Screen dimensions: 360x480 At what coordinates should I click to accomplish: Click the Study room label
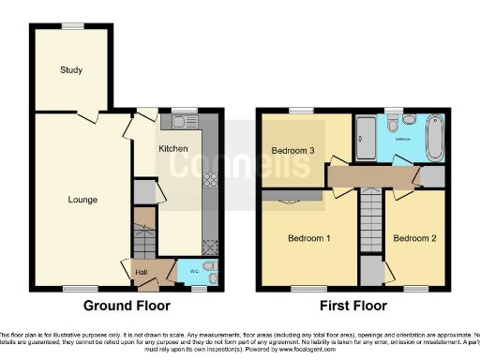[x=71, y=70]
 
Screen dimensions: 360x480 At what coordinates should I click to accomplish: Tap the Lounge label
[x=82, y=200]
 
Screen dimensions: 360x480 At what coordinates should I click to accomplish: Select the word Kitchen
[x=173, y=149]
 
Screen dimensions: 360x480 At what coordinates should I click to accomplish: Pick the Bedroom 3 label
[x=292, y=150]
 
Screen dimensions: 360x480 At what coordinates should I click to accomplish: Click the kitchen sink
[x=181, y=122]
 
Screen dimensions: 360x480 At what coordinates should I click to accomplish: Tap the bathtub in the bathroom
[x=433, y=139]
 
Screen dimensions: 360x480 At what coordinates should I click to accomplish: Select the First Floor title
[x=354, y=306]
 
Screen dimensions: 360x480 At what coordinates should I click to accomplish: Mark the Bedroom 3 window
[x=301, y=111]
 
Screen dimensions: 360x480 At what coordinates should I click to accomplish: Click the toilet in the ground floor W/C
[x=208, y=272]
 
